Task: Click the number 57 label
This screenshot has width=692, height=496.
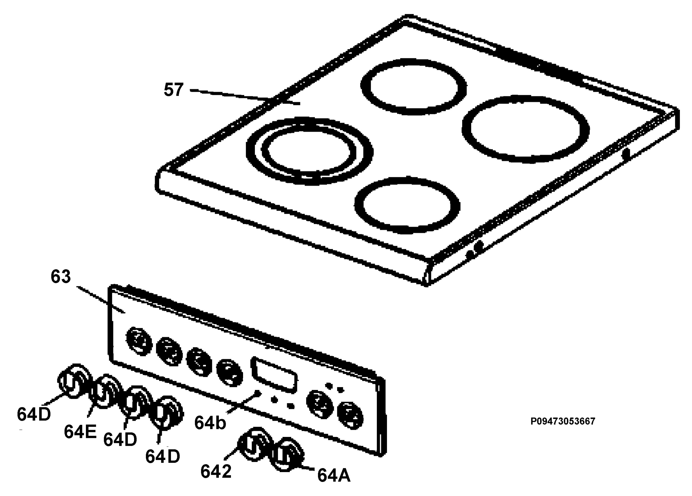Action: coord(174,90)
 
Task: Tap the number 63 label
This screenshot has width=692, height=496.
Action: coord(61,276)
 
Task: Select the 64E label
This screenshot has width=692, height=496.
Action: coord(80,432)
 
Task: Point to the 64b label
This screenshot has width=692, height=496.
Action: coord(210,423)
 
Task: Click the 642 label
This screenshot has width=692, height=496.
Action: coord(216,471)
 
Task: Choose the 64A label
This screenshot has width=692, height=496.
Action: coord(334,475)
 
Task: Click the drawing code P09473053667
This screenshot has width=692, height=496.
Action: coord(563,421)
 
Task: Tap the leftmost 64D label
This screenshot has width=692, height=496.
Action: coord(33,414)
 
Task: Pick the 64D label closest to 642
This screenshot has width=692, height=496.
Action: coord(163,457)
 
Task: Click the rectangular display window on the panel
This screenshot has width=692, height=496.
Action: coord(274,375)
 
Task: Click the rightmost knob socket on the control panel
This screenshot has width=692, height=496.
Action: coord(350,416)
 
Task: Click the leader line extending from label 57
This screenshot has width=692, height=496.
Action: coord(245,97)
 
